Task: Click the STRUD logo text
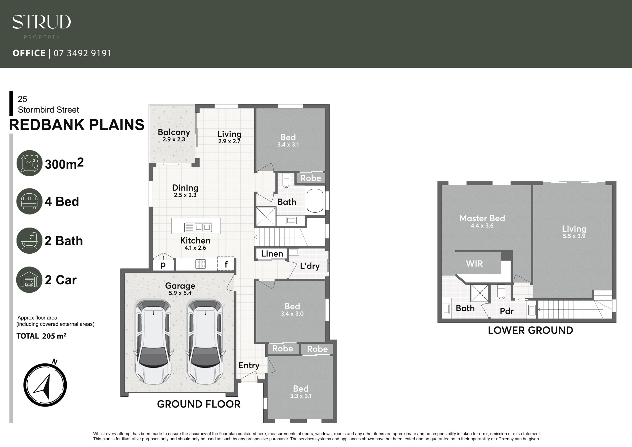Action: coord(41,22)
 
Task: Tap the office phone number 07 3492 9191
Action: coord(82,53)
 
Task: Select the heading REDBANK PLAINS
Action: coord(77,125)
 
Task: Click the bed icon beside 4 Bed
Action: coord(29,201)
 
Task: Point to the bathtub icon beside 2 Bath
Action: coord(29,241)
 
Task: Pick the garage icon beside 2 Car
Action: coord(29,280)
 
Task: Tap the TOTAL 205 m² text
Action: coord(41,336)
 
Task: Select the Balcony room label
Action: coord(174,132)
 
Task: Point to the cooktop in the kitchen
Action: coord(200,264)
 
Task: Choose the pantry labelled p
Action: coord(163,265)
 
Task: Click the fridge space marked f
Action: coord(226,264)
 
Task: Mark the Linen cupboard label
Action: coord(272,254)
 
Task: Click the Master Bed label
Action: coord(482,218)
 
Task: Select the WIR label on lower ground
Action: coord(474,264)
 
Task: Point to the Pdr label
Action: coord(507,311)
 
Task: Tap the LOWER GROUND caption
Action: coord(531,330)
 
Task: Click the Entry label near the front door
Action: coord(249,366)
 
